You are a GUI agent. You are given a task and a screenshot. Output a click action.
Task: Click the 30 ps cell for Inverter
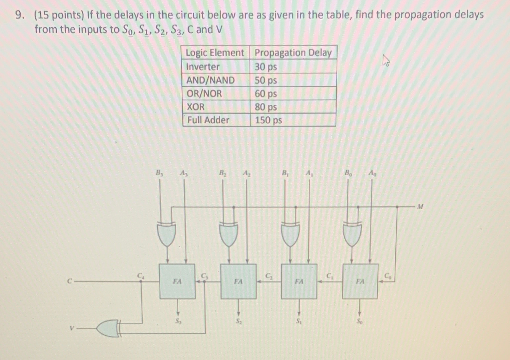click(x=266, y=67)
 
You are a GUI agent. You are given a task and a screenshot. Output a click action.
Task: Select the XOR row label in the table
click(x=196, y=107)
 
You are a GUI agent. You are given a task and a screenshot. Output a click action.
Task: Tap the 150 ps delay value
click(x=268, y=120)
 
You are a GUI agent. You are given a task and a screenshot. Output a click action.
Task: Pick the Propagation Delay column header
click(x=293, y=53)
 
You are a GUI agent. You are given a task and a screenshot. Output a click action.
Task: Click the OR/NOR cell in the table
click(x=204, y=93)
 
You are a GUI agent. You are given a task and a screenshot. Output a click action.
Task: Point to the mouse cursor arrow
click(x=386, y=61)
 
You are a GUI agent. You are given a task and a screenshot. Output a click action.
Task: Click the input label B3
click(x=160, y=173)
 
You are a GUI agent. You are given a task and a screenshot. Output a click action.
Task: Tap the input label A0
click(x=373, y=173)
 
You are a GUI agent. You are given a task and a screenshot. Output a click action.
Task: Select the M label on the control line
click(x=420, y=207)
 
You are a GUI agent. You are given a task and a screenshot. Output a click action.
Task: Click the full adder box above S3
click(x=177, y=281)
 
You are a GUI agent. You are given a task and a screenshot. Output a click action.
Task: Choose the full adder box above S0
click(x=360, y=281)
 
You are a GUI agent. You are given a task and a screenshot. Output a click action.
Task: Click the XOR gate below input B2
click(x=229, y=234)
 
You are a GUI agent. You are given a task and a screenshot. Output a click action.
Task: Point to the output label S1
click(x=299, y=321)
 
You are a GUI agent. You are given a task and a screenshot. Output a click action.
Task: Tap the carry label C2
click(x=268, y=275)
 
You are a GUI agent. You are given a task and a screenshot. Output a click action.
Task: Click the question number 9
click(x=20, y=15)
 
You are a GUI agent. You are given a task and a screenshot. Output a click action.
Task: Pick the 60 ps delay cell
click(x=266, y=93)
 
